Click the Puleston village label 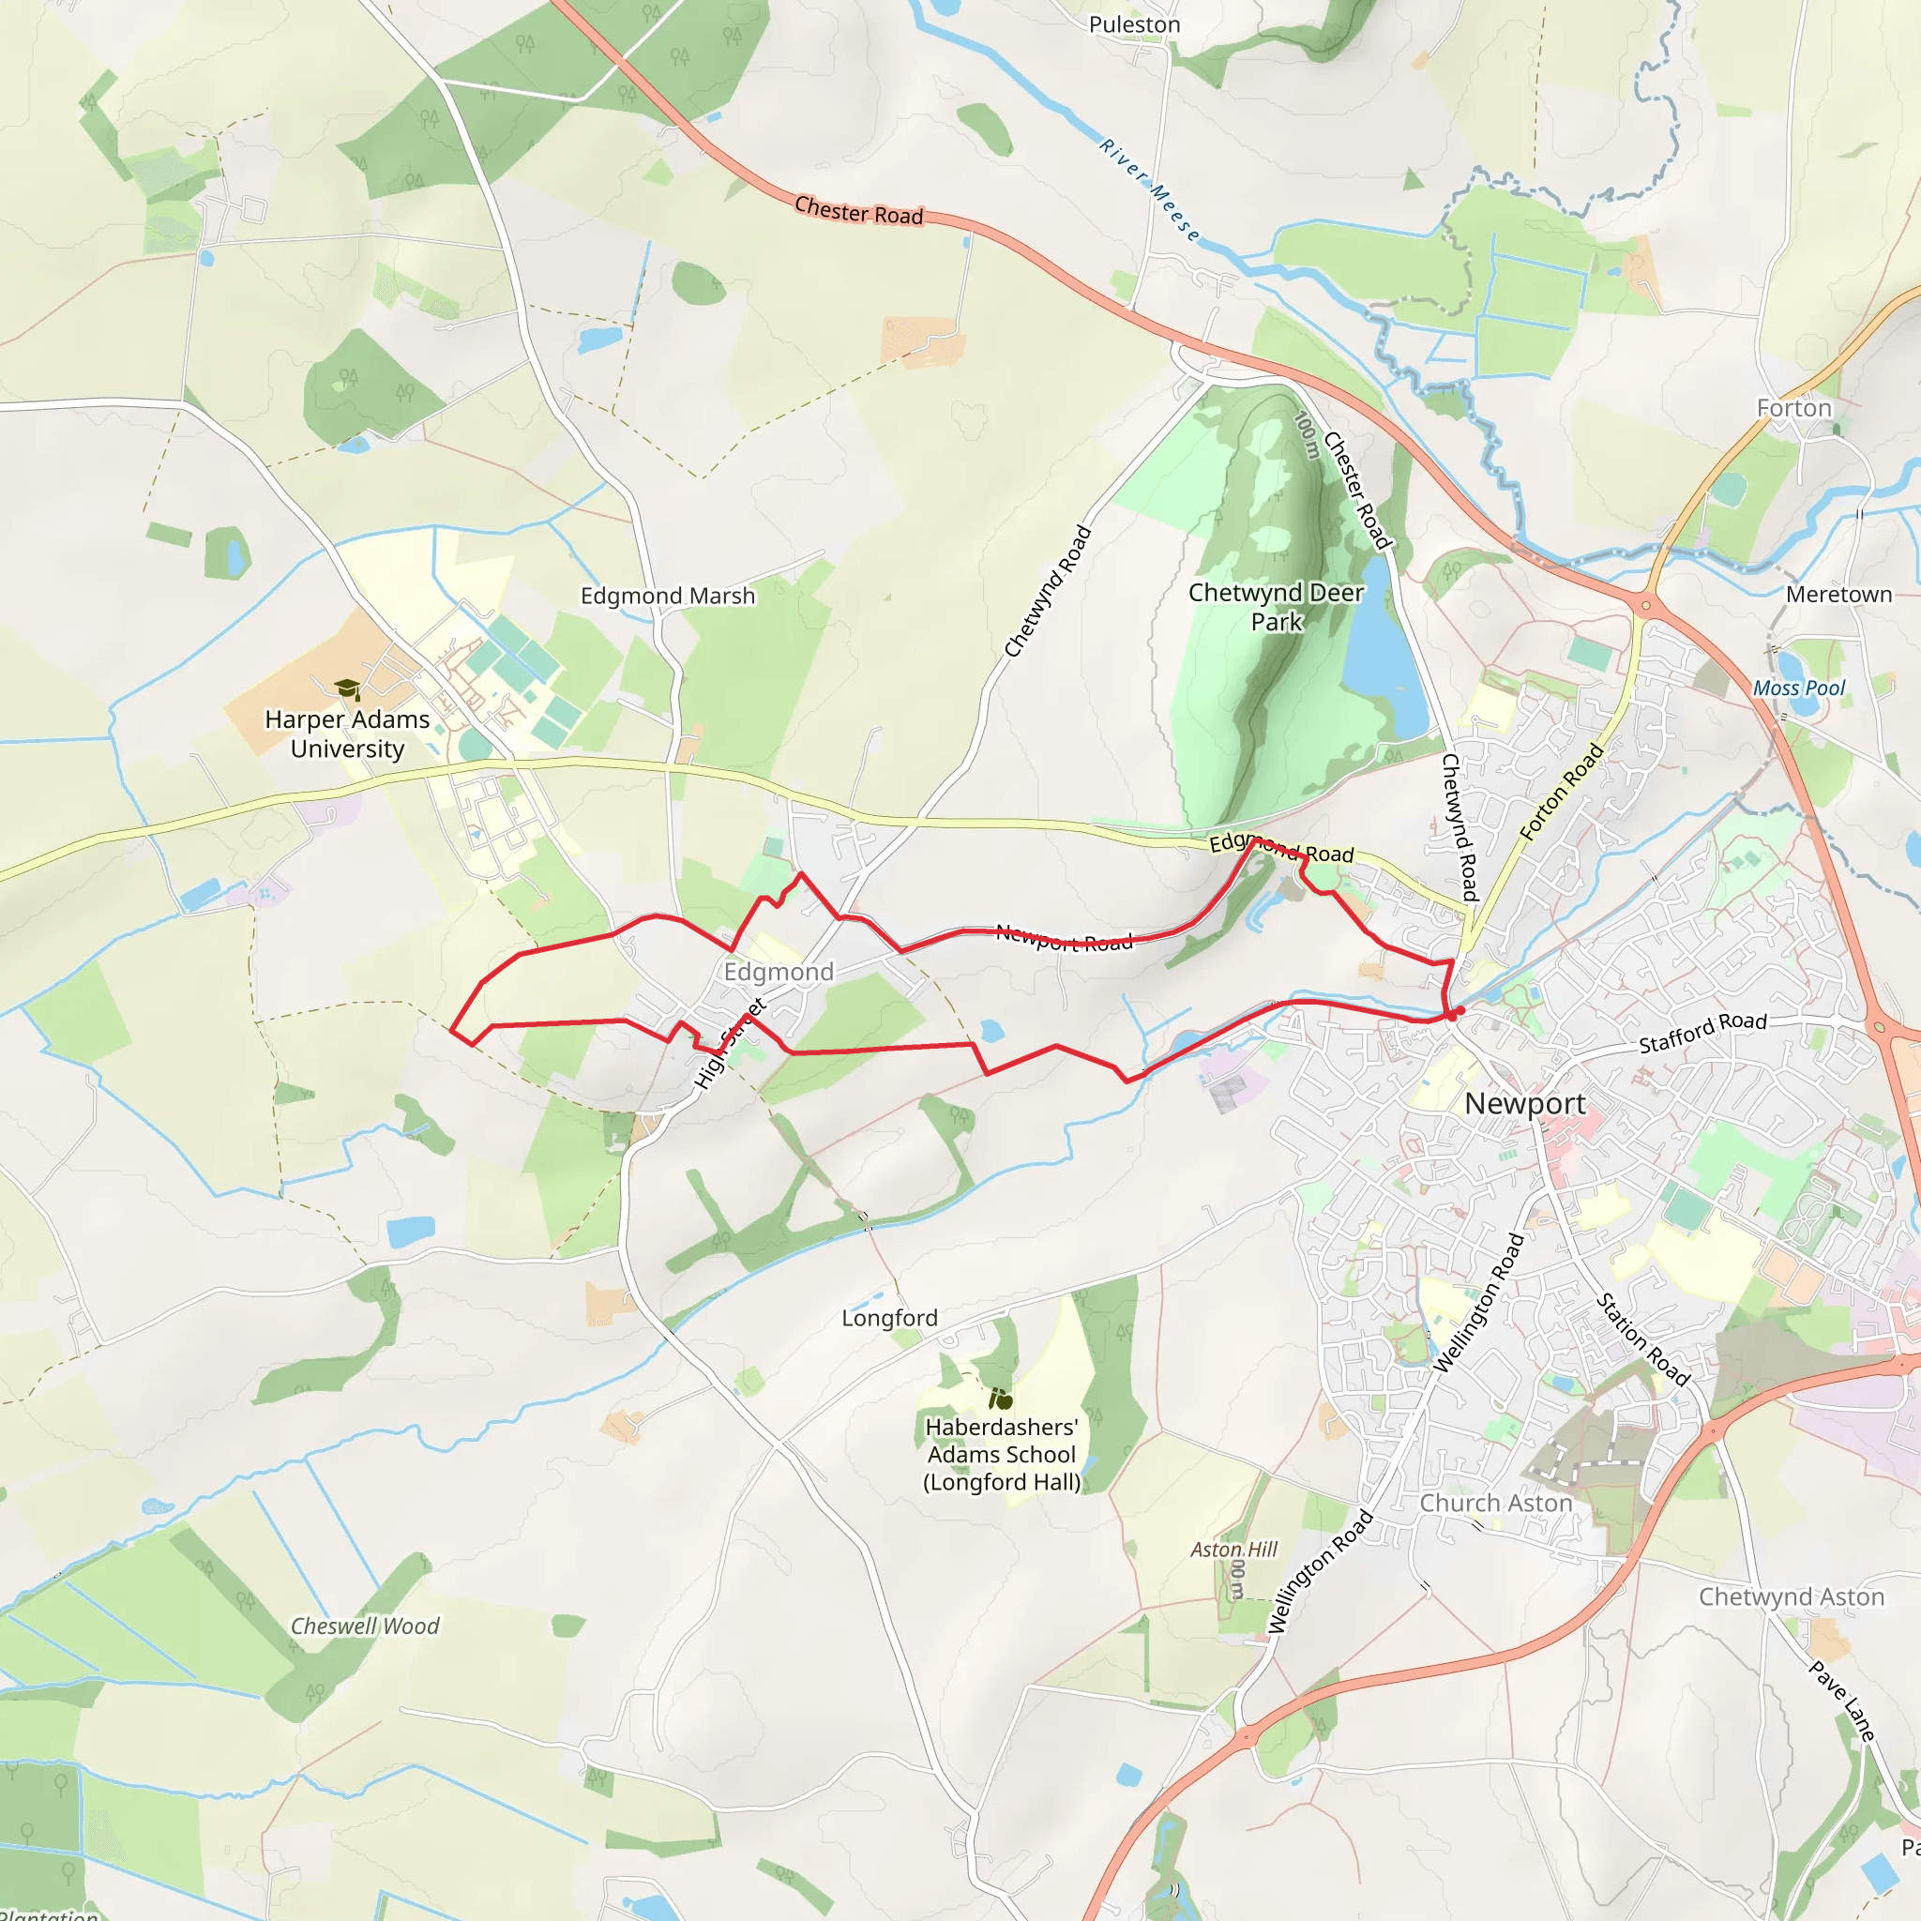tap(1135, 25)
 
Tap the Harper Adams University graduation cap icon tap(347, 688)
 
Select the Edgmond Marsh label tap(667, 596)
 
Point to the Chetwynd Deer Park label tap(1276, 607)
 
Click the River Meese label tap(1149, 189)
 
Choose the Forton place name tap(1793, 408)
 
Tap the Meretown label tap(1838, 594)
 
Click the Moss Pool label tap(1798, 688)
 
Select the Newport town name tap(1524, 1103)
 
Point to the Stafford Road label tap(1702, 1032)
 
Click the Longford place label tap(889, 1318)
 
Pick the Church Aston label tap(1495, 1503)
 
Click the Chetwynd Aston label tap(1791, 1596)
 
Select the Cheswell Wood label tap(364, 1626)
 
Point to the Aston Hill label tap(1233, 1550)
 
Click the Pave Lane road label tap(1841, 1701)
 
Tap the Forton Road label tap(1561, 792)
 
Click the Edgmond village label tap(779, 972)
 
